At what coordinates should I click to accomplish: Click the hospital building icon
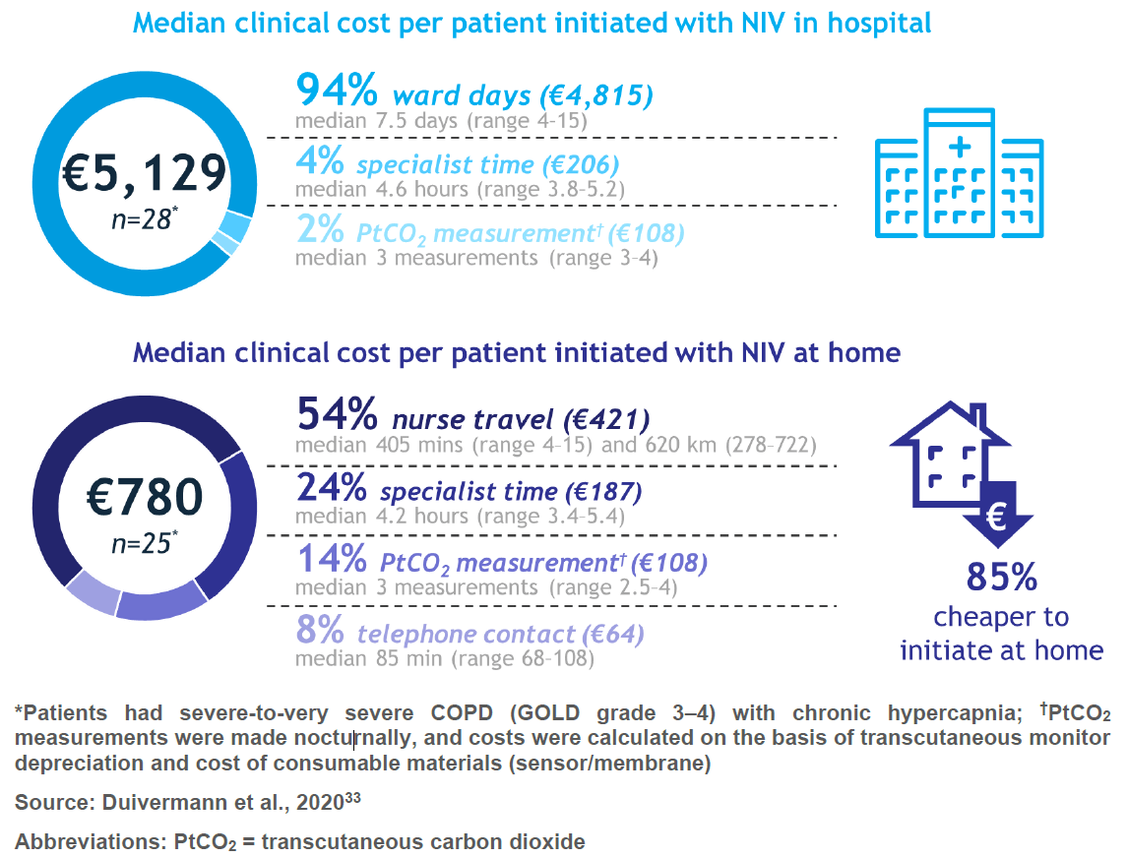(959, 173)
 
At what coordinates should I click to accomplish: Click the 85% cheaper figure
(1001, 578)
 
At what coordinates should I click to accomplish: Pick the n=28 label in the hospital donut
(143, 218)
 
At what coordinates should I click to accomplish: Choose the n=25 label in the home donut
(143, 542)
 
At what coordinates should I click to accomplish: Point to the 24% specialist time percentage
(333, 489)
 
